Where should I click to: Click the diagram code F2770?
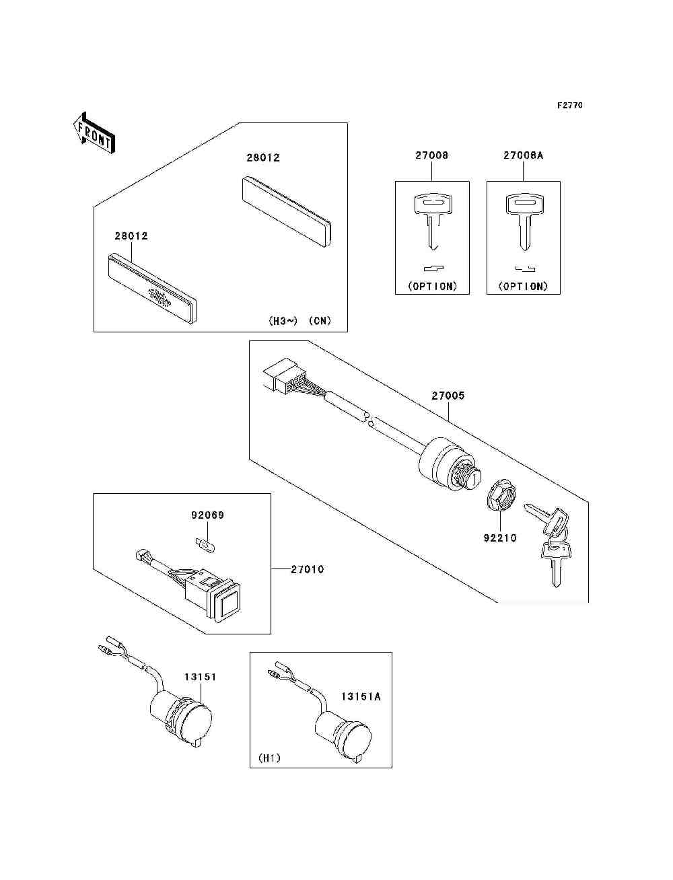point(569,106)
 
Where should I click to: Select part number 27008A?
point(523,155)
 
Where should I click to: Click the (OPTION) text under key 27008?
point(432,286)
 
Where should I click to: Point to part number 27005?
point(448,396)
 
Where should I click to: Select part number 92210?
point(500,538)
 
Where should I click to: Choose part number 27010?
point(307,570)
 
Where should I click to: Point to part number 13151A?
point(360,697)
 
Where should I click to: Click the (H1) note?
point(269,758)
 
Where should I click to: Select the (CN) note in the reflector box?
point(320,321)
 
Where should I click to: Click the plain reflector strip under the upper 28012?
point(286,211)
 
